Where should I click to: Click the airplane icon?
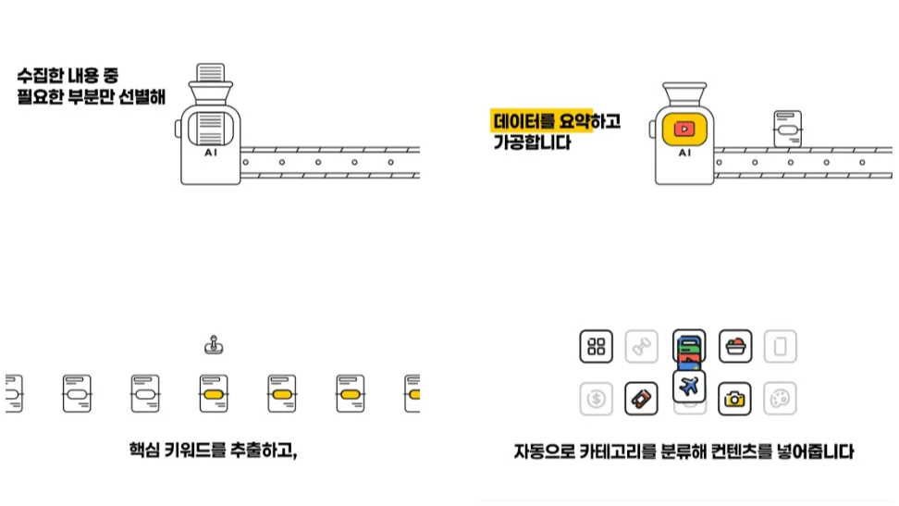pos(688,387)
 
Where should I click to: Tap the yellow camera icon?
pos(735,399)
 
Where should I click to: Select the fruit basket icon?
pos(735,347)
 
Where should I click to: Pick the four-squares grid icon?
pos(597,347)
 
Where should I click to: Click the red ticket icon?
pos(641,399)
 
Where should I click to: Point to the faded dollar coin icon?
pos(597,399)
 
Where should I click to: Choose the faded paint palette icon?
pos(781,399)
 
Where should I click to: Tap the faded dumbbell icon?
pos(641,347)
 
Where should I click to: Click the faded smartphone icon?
pos(781,347)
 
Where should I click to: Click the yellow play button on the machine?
pos(684,129)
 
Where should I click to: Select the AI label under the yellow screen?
pos(684,154)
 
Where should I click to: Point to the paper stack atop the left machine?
pos(211,73)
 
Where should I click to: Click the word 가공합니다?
pos(532,143)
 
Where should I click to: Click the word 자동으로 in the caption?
pos(542,452)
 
